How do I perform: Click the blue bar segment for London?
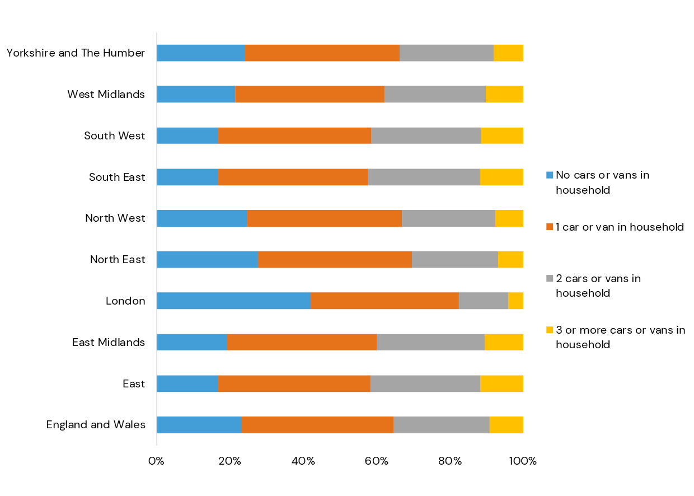click(x=233, y=301)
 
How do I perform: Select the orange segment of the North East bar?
click(x=335, y=260)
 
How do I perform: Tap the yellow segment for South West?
click(x=502, y=135)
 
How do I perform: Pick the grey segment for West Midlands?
click(x=435, y=94)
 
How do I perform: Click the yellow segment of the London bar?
click(x=515, y=301)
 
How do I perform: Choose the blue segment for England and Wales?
click(x=199, y=425)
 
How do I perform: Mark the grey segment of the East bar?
click(x=425, y=383)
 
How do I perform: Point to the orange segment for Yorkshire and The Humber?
click(x=322, y=53)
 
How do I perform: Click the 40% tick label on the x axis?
click(x=303, y=461)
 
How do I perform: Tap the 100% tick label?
click(x=523, y=461)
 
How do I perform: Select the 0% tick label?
click(x=156, y=461)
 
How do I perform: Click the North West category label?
click(x=115, y=218)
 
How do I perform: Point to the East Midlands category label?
click(x=109, y=342)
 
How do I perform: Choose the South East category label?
click(x=117, y=177)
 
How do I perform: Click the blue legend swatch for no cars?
click(x=550, y=175)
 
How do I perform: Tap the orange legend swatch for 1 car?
click(x=550, y=227)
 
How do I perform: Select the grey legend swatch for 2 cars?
click(x=550, y=279)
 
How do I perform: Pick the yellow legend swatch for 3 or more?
click(x=550, y=330)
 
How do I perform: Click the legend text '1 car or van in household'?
click(x=620, y=227)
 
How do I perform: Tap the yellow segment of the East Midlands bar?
click(x=504, y=342)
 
